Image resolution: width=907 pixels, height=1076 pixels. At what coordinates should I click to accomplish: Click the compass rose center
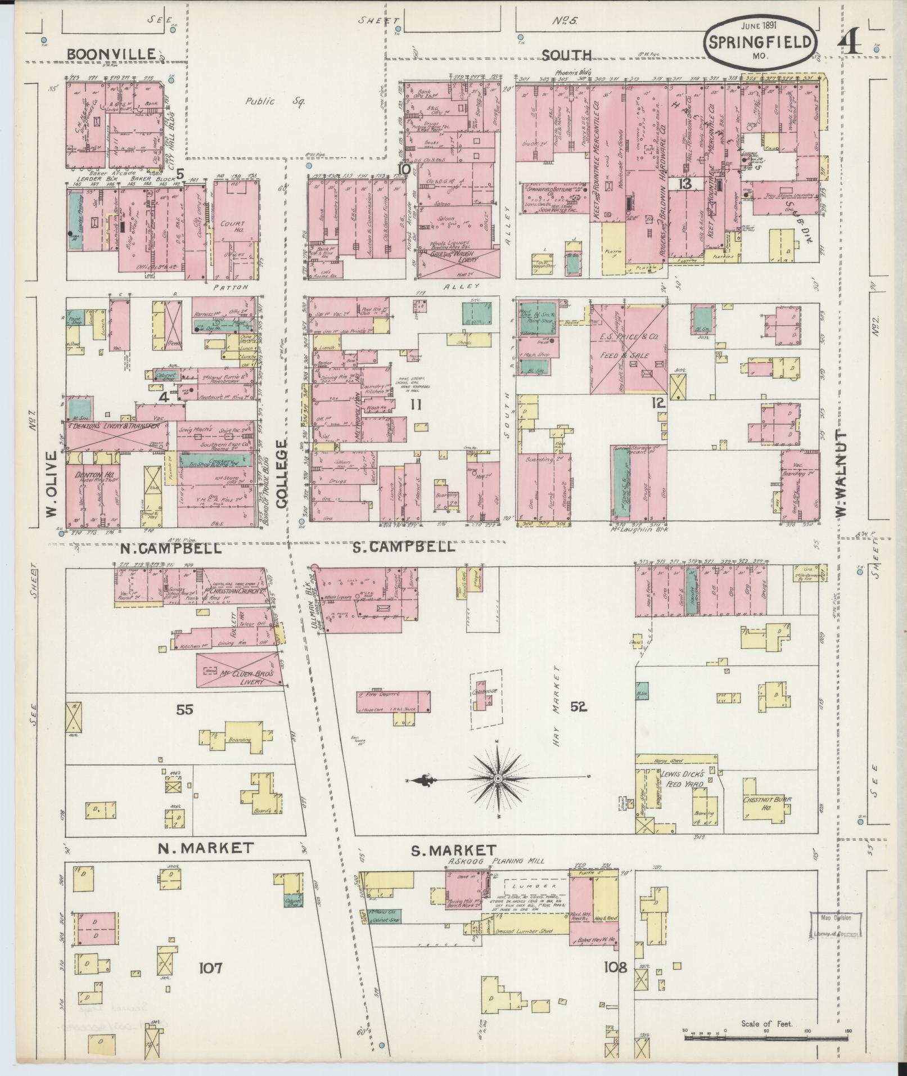pos(498,778)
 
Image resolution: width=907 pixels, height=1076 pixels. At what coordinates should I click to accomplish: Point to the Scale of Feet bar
pos(767,1036)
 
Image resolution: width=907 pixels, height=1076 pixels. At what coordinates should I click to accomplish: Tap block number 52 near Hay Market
pos(579,707)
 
